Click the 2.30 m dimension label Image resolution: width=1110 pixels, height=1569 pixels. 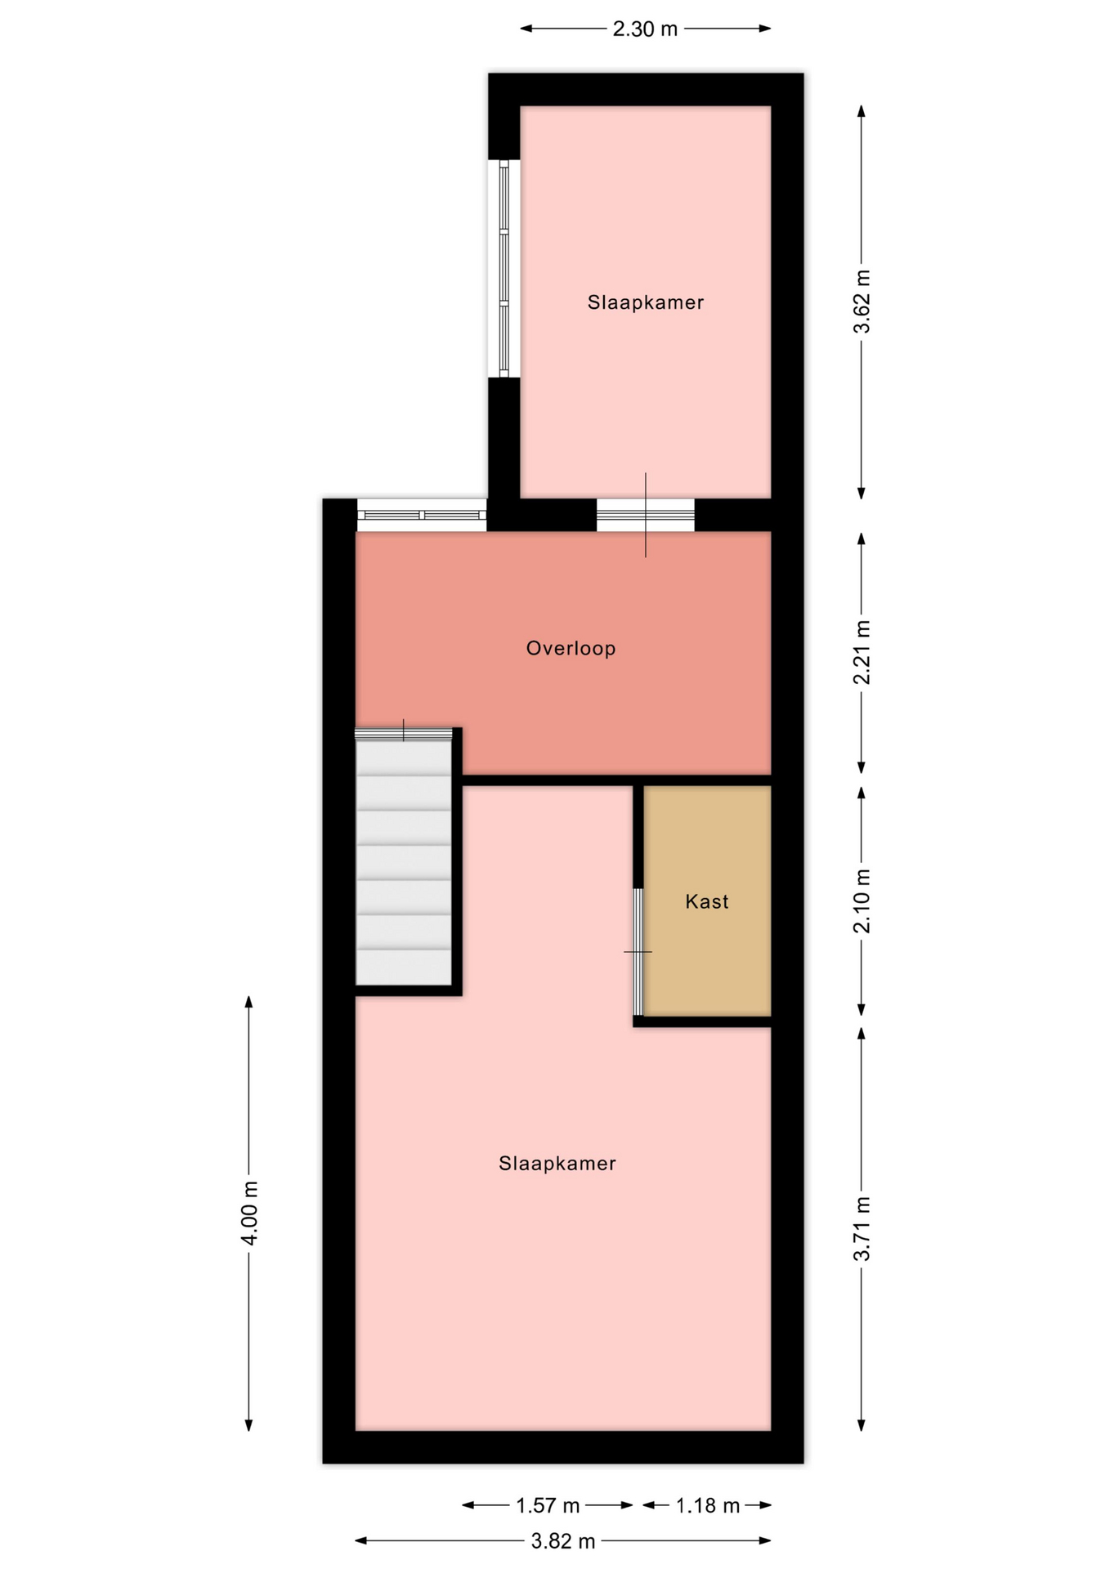[645, 29]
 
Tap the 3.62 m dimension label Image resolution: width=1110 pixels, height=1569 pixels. [862, 302]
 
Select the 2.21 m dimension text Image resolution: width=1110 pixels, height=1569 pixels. [862, 653]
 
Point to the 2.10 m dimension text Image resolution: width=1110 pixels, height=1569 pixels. [862, 901]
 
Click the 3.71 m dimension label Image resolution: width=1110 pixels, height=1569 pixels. [862, 1228]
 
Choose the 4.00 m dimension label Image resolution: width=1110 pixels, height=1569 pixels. [249, 1213]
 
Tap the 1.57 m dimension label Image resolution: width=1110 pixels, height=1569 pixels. [548, 1505]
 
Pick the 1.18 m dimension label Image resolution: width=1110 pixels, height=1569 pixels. [707, 1505]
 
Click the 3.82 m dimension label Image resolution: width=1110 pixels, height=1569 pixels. [563, 1541]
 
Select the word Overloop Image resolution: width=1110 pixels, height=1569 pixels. [571, 648]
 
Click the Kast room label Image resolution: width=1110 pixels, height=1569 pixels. [707, 901]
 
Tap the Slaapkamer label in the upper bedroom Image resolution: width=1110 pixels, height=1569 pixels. [646, 302]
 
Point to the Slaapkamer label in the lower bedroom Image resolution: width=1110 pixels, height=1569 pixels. [557, 1163]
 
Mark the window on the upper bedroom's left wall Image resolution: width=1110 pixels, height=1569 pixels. [504, 268]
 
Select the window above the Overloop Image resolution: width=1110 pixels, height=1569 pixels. [422, 515]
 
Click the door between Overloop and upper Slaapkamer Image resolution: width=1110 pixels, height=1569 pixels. [646, 515]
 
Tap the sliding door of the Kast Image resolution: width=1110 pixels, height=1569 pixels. [638, 952]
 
